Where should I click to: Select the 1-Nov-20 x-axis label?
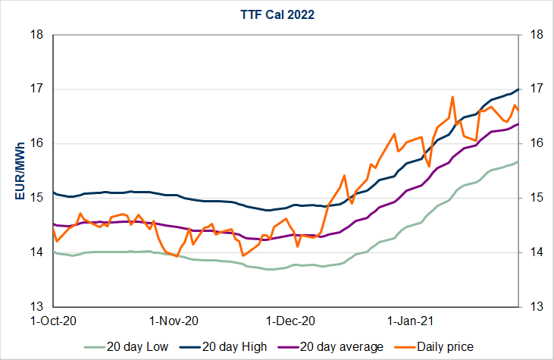(175, 321)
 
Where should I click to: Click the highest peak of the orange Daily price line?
(452, 97)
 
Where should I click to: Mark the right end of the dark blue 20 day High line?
(518, 89)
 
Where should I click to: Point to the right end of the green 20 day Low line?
(518, 161)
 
